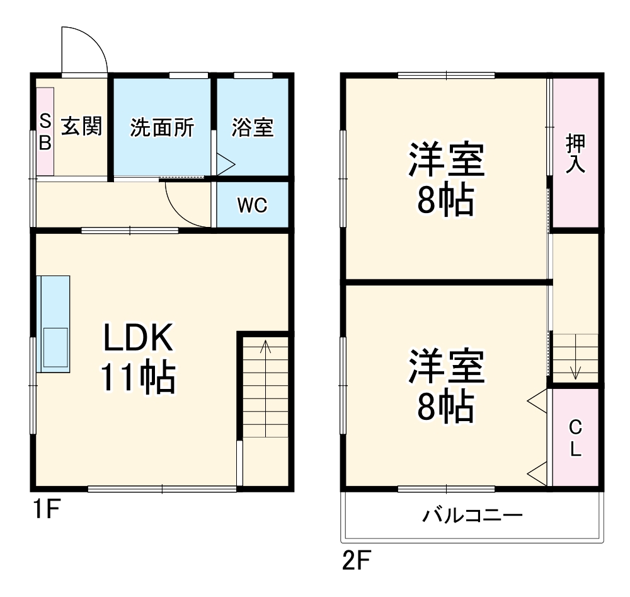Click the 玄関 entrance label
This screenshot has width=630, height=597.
[x=81, y=127]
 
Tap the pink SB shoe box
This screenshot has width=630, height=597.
[x=45, y=131]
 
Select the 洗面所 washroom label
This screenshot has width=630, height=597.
[x=161, y=127]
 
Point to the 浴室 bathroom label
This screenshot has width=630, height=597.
[x=252, y=127]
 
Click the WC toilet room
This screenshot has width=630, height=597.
[x=252, y=205]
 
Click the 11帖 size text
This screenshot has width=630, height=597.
[x=137, y=378]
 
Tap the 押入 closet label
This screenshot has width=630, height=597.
[x=575, y=153]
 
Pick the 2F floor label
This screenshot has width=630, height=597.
[x=357, y=559]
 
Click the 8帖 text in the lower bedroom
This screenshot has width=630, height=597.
[x=446, y=409]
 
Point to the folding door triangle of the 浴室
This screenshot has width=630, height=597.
[x=225, y=165]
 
